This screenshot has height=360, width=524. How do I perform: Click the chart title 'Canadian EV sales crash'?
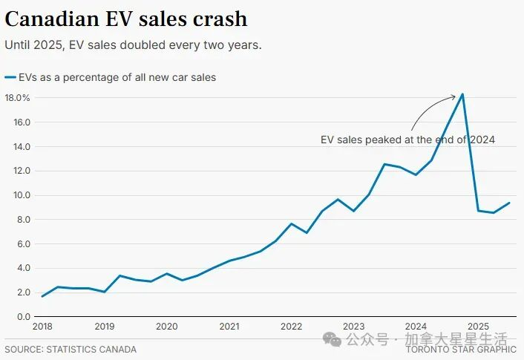tap(126, 18)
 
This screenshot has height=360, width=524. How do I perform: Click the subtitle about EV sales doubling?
tap(133, 45)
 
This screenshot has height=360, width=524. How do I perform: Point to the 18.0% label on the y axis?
tap(17, 98)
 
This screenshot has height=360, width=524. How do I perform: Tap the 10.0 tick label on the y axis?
tap(17, 195)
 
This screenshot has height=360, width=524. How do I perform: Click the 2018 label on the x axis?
tap(42, 327)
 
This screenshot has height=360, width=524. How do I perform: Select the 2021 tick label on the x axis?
tap(229, 327)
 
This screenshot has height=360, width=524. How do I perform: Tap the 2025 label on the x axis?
tap(478, 327)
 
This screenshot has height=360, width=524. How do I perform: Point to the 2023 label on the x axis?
tap(353, 327)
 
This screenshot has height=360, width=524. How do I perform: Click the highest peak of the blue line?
tap(462, 94)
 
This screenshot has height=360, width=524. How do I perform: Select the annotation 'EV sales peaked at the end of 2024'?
tap(407, 140)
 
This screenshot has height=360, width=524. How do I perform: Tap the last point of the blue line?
tap(509, 203)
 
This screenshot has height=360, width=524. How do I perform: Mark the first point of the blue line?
tap(42, 296)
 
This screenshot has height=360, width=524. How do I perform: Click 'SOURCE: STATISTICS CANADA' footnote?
tap(71, 349)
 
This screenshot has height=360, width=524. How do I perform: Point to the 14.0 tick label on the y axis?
tap(17, 147)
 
